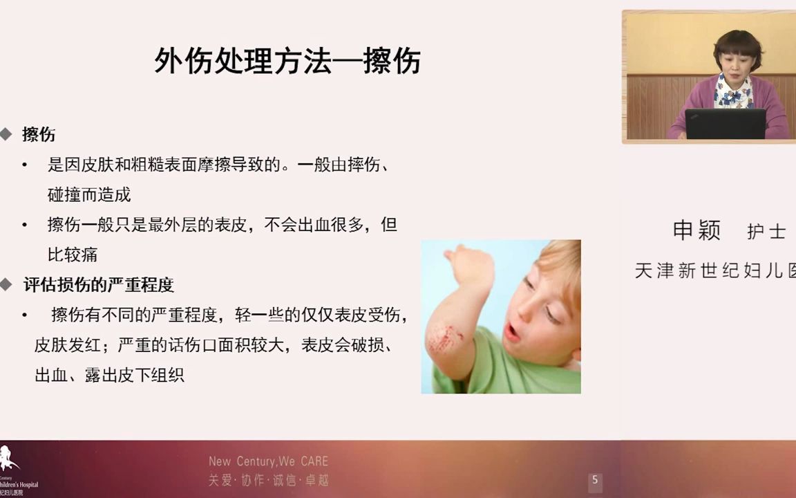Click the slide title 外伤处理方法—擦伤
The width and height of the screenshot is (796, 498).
click(x=287, y=62)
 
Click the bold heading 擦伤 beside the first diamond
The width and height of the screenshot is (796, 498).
click(x=39, y=134)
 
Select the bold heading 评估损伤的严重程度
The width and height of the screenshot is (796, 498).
click(x=98, y=285)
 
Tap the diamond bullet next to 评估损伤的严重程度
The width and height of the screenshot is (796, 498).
click(x=6, y=284)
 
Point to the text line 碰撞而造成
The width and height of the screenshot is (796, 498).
click(x=89, y=195)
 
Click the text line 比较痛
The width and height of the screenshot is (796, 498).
click(x=73, y=255)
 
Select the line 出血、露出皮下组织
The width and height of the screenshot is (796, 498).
click(x=109, y=376)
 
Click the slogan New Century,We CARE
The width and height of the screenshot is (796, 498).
click(x=268, y=461)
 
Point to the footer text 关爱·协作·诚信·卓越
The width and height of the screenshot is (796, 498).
click(x=268, y=480)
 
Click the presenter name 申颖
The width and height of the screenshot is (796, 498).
click(x=696, y=230)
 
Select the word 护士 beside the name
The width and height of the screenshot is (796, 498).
click(x=766, y=232)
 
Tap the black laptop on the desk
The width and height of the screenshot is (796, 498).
click(x=725, y=124)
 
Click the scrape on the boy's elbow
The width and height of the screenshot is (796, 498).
click(x=445, y=338)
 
